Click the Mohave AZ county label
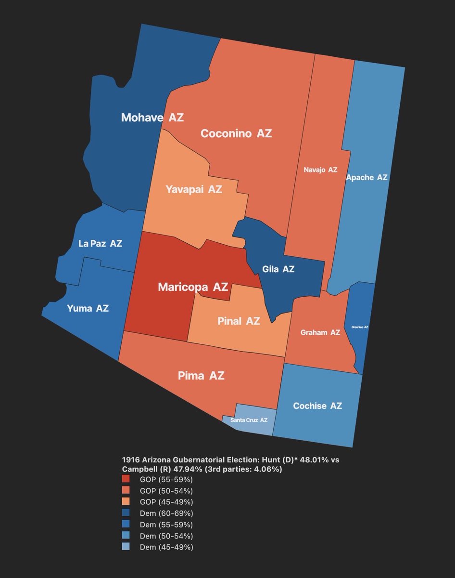[x=152, y=118]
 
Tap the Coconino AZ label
[x=236, y=133]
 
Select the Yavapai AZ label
[x=194, y=189]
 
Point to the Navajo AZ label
[x=320, y=170]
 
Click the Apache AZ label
[x=367, y=178]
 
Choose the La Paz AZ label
[x=100, y=244]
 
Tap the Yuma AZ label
[x=88, y=308]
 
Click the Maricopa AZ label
[x=192, y=287]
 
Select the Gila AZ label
[x=278, y=269]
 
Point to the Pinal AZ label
[x=232, y=321]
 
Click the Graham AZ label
[x=320, y=333]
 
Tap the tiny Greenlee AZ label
[x=359, y=327]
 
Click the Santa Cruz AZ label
[x=249, y=420]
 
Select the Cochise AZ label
[x=317, y=406]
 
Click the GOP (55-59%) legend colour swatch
[x=126, y=479]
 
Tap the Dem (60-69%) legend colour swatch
[x=126, y=513]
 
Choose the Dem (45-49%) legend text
[x=166, y=547]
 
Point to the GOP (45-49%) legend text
[x=166, y=502]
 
